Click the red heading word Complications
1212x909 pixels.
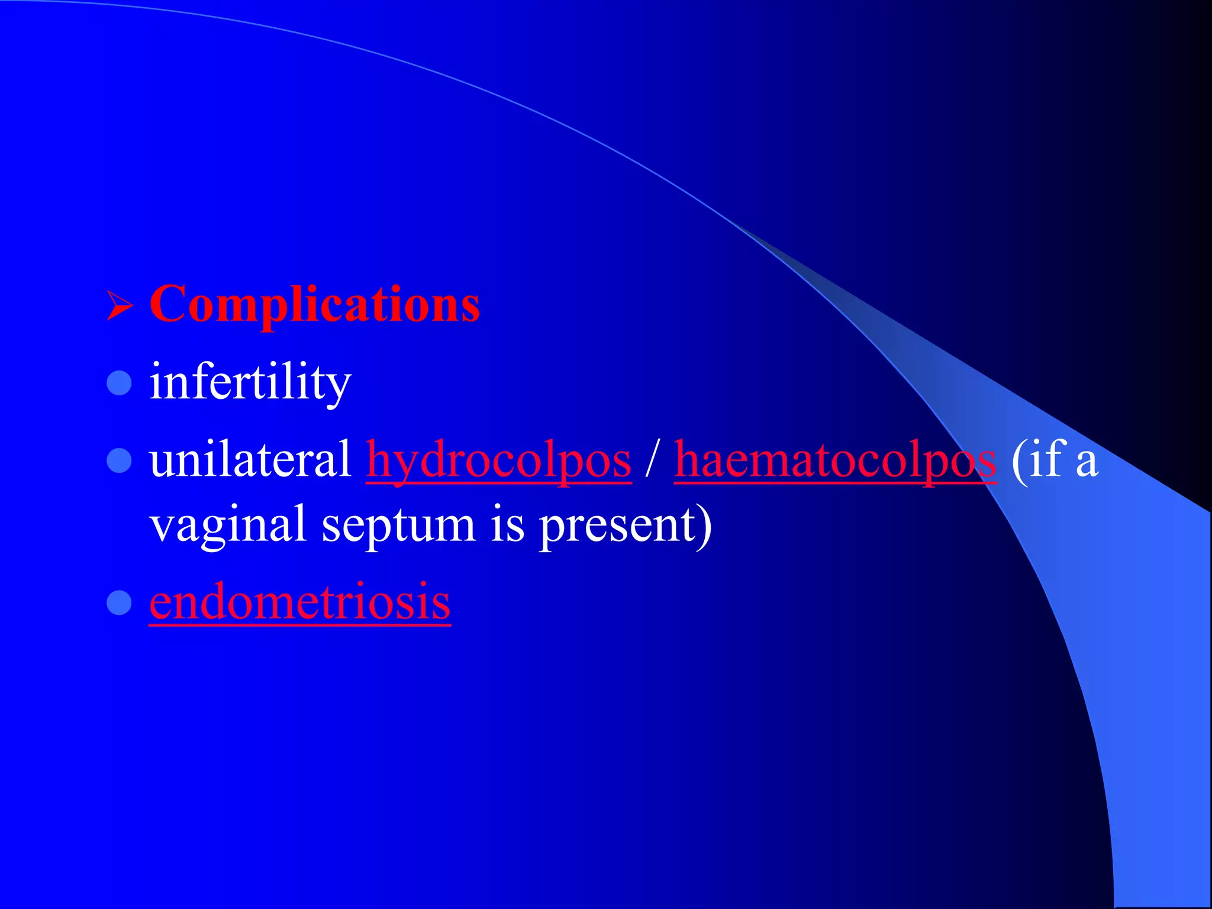[314, 304]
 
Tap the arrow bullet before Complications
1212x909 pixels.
[120, 306]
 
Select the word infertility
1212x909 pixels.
[250, 382]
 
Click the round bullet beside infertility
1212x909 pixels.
[119, 383]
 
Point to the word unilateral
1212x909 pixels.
[250, 460]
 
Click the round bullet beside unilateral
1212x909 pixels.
[119, 460]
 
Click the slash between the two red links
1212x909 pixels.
[652, 460]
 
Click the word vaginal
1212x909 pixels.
[228, 526]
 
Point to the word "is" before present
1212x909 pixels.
[507, 524]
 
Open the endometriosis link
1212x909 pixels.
[300, 602]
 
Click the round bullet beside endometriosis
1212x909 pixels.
[119, 602]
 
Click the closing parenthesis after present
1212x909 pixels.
[705, 526]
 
